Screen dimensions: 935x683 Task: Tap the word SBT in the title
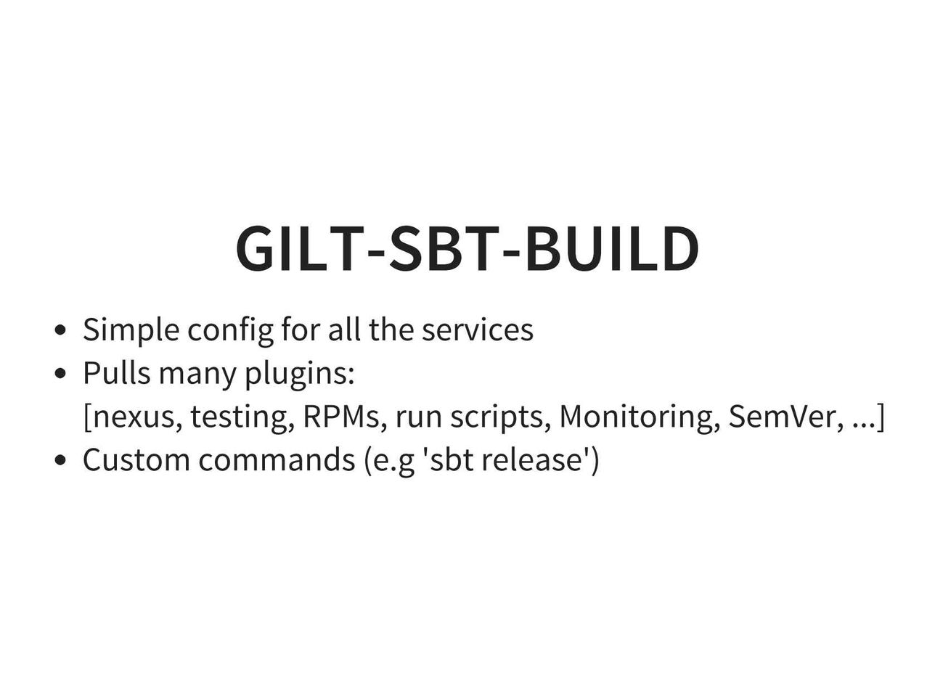(444, 249)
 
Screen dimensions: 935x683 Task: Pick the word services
(478, 330)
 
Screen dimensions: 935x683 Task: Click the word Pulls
(116, 372)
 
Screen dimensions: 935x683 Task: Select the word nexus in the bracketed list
(133, 417)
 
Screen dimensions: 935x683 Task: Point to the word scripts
(500, 417)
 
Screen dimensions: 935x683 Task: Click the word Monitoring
(640, 417)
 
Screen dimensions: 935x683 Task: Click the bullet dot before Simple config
(60, 330)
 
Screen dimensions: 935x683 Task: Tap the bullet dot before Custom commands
(60, 460)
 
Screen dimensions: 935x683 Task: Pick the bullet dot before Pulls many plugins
(60, 373)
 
